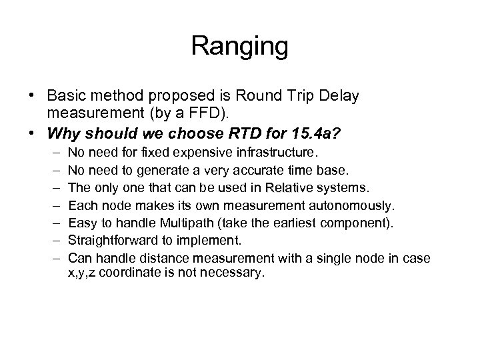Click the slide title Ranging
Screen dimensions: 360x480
pos(239,47)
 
